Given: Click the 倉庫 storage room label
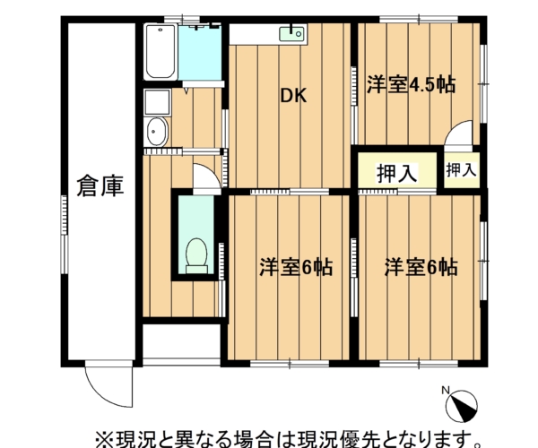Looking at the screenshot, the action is point(100,186).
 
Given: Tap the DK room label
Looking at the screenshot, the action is point(293,96).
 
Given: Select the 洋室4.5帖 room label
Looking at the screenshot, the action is point(411,84).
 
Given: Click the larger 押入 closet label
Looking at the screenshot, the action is point(397,173).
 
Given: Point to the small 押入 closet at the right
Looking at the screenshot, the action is point(462,169).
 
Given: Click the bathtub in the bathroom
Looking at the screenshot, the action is point(161,52).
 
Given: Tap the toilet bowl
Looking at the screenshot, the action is point(196,255).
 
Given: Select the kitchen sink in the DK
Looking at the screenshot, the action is point(291,34).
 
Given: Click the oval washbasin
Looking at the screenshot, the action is point(157,132).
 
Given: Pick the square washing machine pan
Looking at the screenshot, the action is point(158,102).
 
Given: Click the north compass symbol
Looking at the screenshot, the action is point(462,407).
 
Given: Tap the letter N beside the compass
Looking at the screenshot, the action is point(446,390).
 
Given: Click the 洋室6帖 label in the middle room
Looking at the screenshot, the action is point(296,267).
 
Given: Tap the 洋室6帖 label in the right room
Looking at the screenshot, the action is point(421,267).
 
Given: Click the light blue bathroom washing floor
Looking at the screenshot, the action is point(200,53).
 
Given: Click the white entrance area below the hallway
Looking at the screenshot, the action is point(181,341).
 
